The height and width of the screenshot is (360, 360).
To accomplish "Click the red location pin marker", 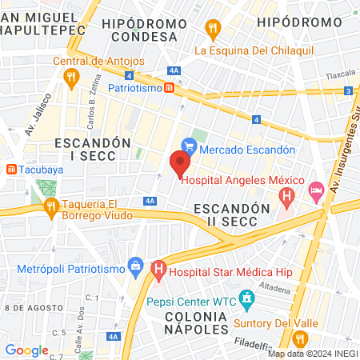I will tap(180, 163).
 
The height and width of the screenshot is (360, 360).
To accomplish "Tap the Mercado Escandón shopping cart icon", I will tap(189, 146).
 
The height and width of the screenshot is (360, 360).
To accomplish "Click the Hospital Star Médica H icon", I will tap(158, 271).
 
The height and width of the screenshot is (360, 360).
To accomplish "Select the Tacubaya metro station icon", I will tap(11, 169).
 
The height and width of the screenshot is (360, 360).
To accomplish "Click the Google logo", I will tap(26, 350).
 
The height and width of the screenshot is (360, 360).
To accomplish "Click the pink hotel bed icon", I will tap(315, 190).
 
